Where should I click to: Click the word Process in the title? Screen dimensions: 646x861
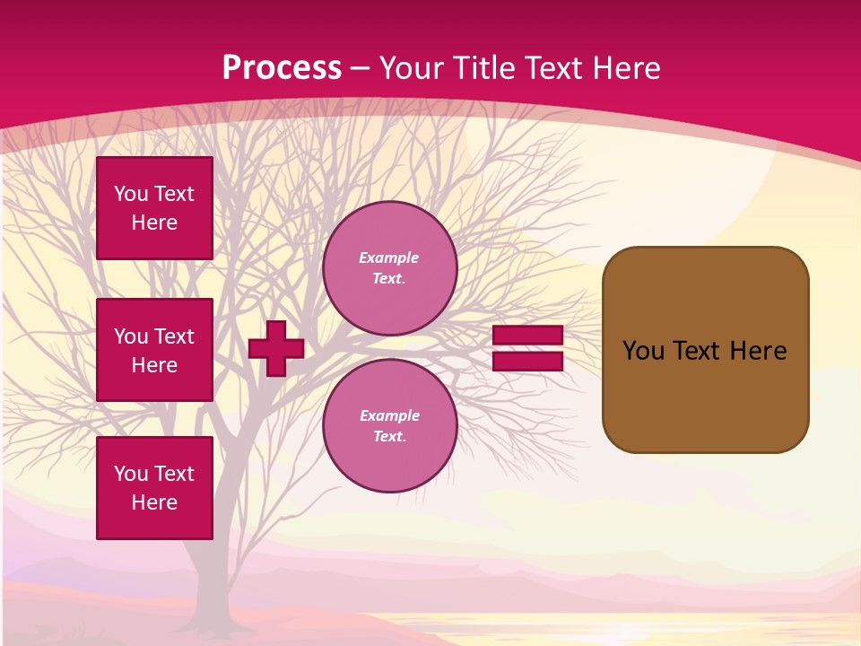(282, 68)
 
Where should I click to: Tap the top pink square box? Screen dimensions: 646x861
(154, 208)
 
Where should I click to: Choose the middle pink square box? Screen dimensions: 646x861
(154, 350)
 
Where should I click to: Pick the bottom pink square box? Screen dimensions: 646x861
(154, 488)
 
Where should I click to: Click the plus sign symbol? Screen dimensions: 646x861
(276, 348)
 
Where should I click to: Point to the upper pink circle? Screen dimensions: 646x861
(390, 268)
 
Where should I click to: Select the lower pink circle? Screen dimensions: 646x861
(390, 426)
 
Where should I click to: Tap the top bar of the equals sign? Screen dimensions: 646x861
(528, 336)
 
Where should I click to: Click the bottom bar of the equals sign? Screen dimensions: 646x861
(528, 361)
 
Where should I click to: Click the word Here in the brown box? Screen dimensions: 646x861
(758, 351)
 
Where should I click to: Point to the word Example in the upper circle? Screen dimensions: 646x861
(388, 258)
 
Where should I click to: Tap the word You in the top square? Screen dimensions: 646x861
(131, 194)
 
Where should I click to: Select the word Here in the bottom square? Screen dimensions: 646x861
(154, 502)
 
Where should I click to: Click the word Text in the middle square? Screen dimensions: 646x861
(174, 336)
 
